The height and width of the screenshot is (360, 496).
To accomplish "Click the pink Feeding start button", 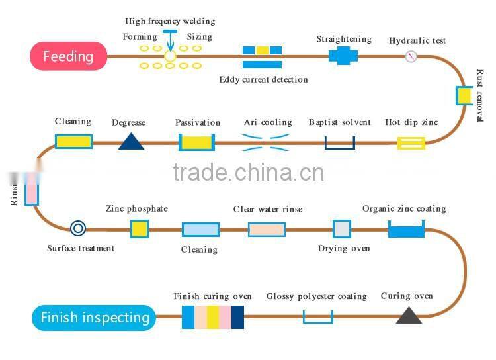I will [68, 56].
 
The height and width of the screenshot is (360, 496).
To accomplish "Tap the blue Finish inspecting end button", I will [95, 318].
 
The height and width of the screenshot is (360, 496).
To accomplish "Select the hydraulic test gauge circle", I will [411, 56].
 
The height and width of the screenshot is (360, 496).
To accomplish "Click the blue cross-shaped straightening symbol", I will [343, 56].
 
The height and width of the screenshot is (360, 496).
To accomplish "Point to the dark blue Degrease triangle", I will [131, 141].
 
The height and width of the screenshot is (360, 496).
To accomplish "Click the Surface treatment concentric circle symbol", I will [78, 229].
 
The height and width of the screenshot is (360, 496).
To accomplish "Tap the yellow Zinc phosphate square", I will [139, 229].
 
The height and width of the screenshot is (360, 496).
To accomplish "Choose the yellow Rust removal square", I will [464, 95].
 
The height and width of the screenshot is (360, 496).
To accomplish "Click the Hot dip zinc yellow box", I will [411, 142].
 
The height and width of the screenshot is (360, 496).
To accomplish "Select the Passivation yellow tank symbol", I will [197, 142].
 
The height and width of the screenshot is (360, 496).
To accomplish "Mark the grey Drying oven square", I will [341, 229].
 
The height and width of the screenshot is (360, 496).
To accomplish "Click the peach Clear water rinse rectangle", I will [267, 229].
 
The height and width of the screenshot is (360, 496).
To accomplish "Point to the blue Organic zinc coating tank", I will [406, 230].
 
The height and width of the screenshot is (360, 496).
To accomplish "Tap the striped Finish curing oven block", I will [213, 317].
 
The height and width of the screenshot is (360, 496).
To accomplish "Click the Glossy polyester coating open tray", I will [318, 317].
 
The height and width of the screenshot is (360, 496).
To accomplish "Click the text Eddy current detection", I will [263, 80].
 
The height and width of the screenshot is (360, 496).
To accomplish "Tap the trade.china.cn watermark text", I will [248, 173].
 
